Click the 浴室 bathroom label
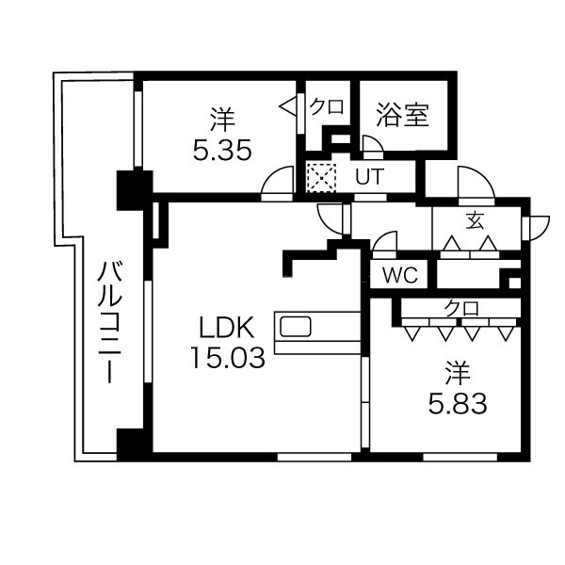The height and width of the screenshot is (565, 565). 402,115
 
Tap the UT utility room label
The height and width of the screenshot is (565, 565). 370,177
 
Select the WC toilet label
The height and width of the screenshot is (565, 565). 400,276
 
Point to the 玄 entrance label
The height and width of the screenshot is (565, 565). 475,220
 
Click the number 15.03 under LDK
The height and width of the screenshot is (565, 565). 228,357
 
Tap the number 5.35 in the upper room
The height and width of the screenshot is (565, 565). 222,150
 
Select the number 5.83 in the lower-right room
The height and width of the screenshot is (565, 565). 458,404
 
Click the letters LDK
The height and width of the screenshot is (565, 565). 228,327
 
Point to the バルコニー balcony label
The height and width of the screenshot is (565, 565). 109,322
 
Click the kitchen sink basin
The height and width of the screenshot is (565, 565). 296,327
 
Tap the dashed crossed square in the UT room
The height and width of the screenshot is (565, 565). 321,178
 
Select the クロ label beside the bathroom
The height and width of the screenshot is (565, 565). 327,107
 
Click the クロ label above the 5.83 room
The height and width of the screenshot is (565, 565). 461,309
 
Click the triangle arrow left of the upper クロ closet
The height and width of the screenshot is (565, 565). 288,106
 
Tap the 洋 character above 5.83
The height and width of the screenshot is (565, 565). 458,374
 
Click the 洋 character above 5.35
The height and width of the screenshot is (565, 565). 222,120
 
